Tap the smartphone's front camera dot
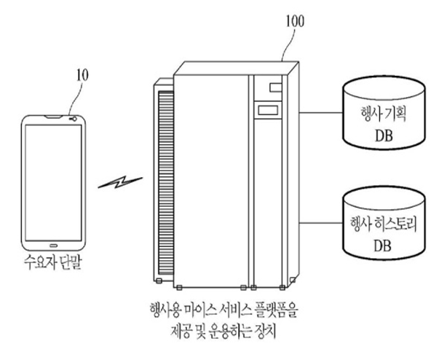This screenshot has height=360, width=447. coord(70,120)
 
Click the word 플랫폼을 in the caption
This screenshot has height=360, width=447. coord(277,313)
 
